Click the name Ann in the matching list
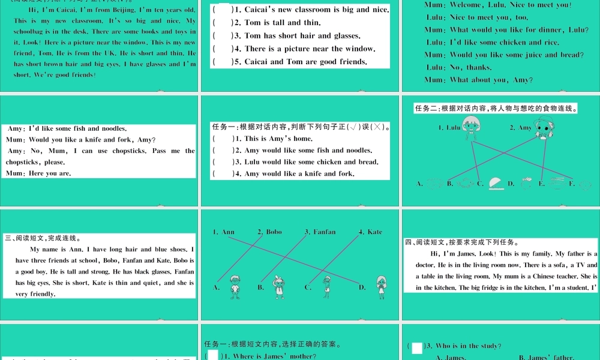coord(228,232)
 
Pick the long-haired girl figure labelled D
coord(381,286)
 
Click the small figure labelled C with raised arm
coord(327,286)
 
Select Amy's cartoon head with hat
coord(544,128)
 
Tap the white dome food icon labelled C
coord(496,183)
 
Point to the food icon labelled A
coord(434,183)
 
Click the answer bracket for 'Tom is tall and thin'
coord(222,23)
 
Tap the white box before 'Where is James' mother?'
coord(213,356)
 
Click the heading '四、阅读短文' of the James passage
coord(426,242)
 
